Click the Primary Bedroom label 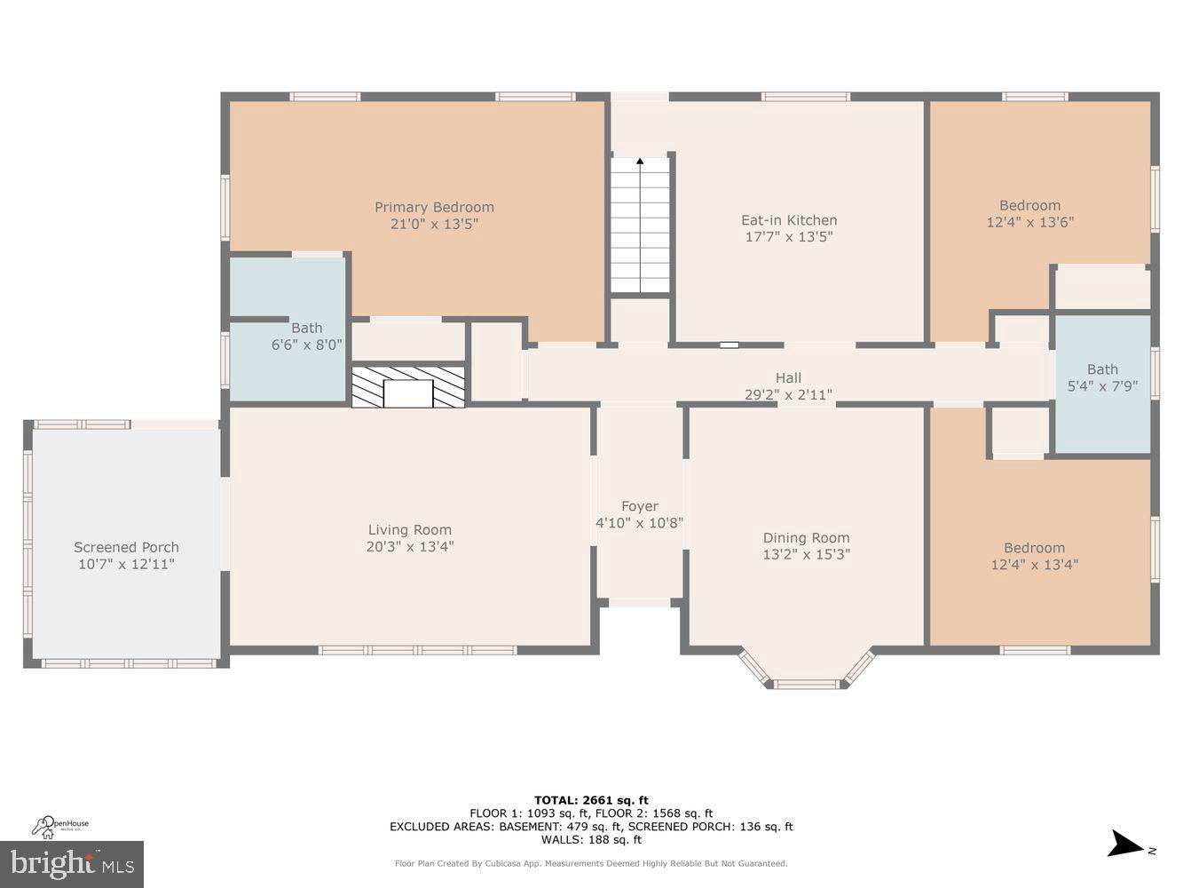(x=434, y=207)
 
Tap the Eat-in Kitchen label (x=789, y=220)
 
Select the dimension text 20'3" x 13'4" (x=409, y=547)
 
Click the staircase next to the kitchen (x=640, y=226)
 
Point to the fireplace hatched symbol (x=408, y=387)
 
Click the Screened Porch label (x=126, y=547)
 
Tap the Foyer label (x=639, y=506)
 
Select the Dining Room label (x=806, y=537)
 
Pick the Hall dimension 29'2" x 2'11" (x=788, y=394)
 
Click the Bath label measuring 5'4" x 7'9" (x=1102, y=369)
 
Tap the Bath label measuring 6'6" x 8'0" (x=306, y=328)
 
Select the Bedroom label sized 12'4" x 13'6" (x=1029, y=205)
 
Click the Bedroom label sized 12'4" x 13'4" (x=1034, y=548)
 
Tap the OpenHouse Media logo (x=60, y=827)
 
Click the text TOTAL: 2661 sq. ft (x=591, y=800)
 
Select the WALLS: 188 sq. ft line (x=591, y=839)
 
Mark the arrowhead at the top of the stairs (x=640, y=162)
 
